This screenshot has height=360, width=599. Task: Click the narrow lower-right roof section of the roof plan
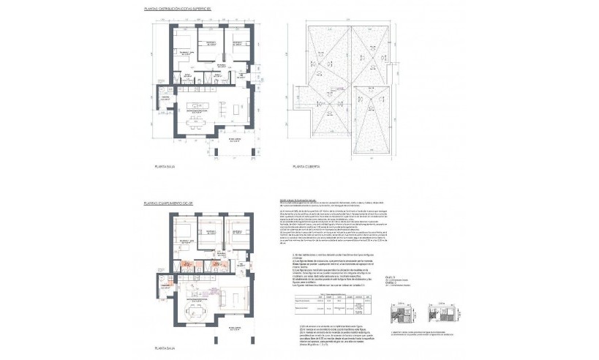pos(377,110)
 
